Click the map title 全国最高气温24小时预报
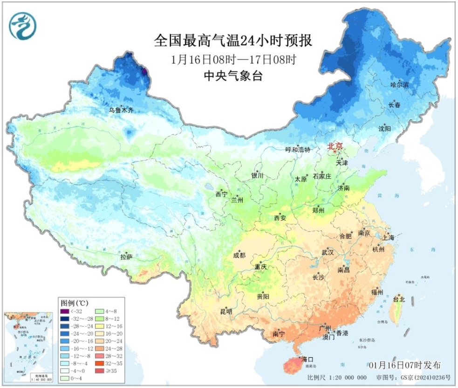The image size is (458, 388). (x=233, y=42)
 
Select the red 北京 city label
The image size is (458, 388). (x=335, y=146)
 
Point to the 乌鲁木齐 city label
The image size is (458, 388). (x=121, y=111)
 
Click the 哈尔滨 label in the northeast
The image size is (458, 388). (x=399, y=85)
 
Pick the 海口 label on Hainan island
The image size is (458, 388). (x=308, y=359)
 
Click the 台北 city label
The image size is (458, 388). (x=399, y=299)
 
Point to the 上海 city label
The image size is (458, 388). (x=388, y=237)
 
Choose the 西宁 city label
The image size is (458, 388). (x=221, y=194)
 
